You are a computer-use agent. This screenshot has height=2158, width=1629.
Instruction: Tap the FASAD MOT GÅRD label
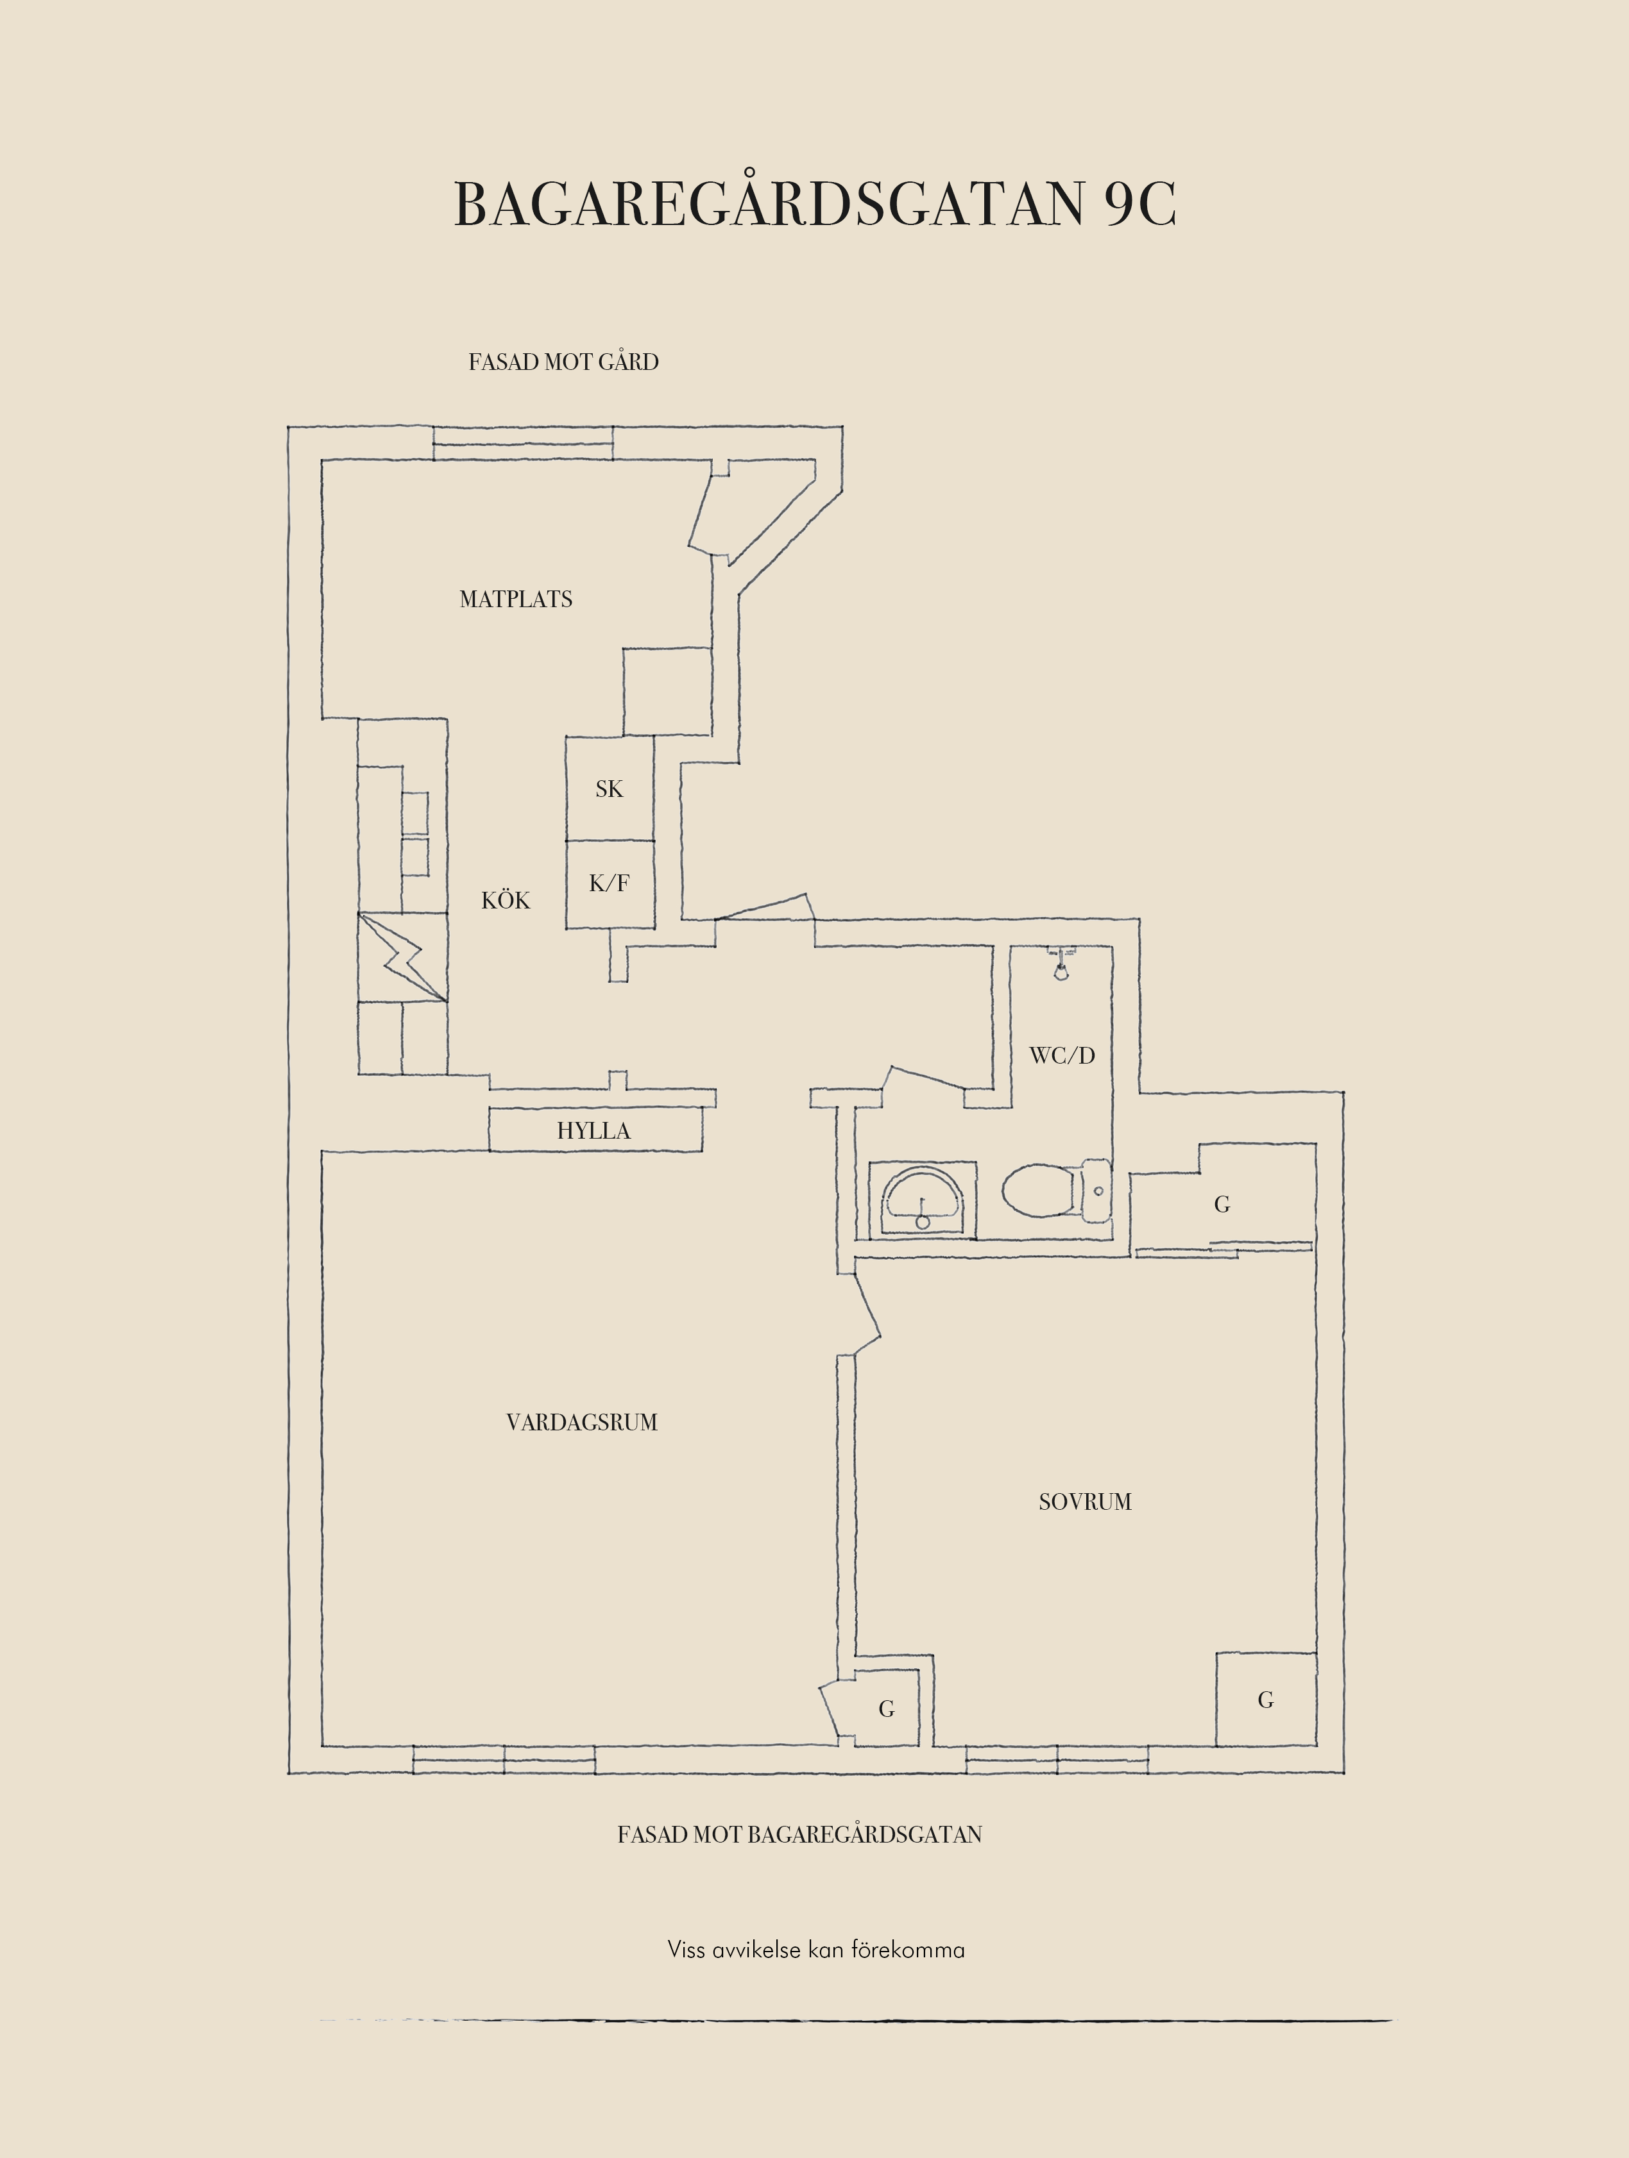point(563,362)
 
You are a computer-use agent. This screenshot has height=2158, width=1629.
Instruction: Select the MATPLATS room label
point(515,599)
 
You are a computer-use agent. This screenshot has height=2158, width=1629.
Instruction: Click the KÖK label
point(506,899)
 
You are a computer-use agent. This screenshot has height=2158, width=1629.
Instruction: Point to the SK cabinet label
point(609,789)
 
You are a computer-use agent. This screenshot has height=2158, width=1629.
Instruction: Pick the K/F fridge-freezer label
point(609,883)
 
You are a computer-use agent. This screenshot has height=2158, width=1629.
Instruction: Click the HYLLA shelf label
point(593,1131)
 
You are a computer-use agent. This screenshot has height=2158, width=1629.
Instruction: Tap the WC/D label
point(1062,1055)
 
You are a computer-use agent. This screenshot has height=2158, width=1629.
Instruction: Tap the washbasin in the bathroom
point(923,1200)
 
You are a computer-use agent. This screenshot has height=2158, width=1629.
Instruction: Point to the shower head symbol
point(1061,966)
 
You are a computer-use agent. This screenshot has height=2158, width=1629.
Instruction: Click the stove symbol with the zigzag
point(403,957)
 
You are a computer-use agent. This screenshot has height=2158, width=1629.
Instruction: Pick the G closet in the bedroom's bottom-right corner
point(1266,1700)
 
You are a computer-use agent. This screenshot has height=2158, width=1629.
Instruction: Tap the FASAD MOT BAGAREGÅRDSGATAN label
point(799,1834)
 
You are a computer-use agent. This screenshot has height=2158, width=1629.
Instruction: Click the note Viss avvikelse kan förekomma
point(816,1949)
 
